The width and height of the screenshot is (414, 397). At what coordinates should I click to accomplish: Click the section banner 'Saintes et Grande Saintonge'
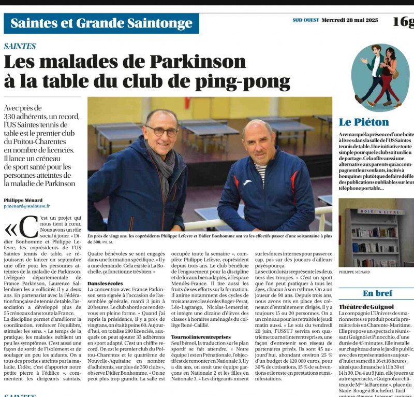point(101,23)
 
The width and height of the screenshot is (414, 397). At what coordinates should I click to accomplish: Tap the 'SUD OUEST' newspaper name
point(305,21)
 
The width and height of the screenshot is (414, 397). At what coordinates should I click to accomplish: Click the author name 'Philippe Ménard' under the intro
point(24,200)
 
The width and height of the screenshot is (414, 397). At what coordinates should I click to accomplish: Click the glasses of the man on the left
point(162,131)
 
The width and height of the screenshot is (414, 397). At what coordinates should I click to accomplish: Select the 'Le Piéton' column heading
point(364,122)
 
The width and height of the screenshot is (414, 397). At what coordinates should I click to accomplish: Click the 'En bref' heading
point(377,293)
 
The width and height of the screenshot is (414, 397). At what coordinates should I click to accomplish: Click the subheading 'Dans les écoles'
point(106,283)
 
